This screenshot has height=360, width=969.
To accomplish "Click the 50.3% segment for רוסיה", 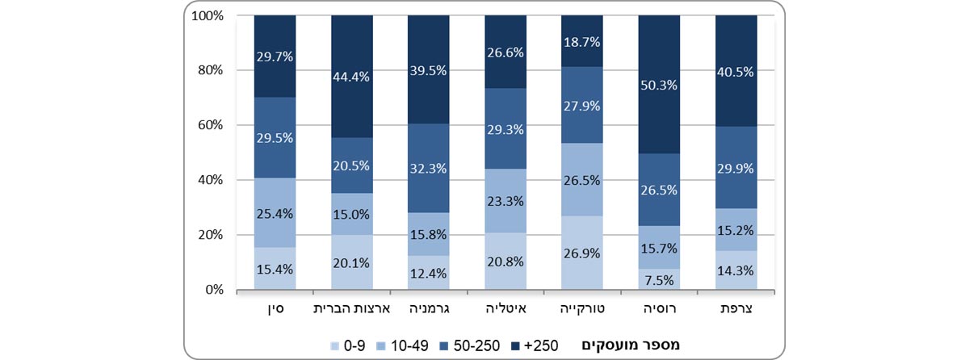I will (x=659, y=85).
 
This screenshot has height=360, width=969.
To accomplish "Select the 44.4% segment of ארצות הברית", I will (x=352, y=77).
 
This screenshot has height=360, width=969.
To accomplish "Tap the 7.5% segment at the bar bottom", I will (x=659, y=279).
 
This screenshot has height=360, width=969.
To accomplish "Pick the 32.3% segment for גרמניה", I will (x=429, y=169).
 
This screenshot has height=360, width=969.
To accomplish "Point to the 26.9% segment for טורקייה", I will (x=582, y=253).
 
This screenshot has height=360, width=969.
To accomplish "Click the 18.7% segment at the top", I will (x=582, y=41).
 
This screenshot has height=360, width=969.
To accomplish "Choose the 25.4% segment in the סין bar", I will (x=275, y=213).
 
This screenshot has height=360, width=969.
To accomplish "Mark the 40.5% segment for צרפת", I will (x=736, y=71).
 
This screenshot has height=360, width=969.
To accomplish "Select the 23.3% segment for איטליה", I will (x=505, y=201).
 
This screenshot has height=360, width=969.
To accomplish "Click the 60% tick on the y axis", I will (x=211, y=125).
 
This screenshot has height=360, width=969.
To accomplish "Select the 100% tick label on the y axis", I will (x=208, y=15).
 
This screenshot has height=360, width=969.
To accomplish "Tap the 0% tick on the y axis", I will (x=213, y=290).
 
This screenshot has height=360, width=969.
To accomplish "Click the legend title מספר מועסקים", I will (x=631, y=345).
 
